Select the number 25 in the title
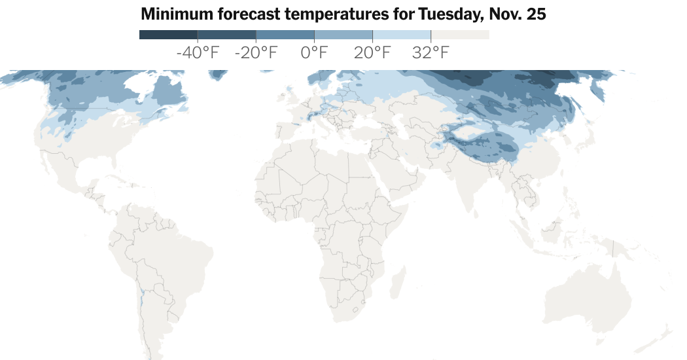coord(533,14)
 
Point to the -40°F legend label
coord(198,53)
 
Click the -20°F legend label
coord(256,53)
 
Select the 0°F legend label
coord(314,53)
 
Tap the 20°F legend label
coord(372,53)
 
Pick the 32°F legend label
coord(431,53)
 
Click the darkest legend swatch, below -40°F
coord(168,35)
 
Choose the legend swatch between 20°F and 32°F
coord(402,35)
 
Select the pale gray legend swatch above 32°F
coord(460,35)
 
